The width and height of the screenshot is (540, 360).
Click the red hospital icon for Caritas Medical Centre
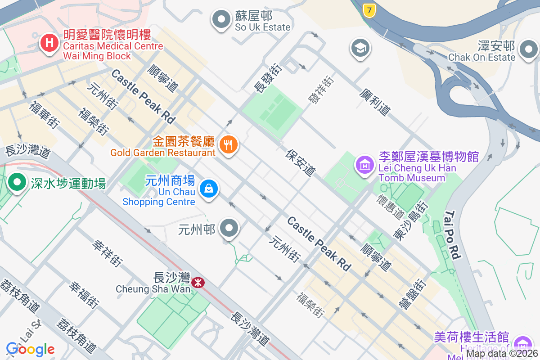tap(49, 44)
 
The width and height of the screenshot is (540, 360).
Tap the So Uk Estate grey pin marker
tap(221, 20)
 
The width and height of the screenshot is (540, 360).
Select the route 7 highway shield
tap(369, 10)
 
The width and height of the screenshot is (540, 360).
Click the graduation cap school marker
tap(361, 48)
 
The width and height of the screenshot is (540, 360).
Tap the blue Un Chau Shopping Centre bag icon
tap(209, 189)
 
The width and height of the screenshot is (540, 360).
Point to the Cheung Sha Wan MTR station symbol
tap(197, 283)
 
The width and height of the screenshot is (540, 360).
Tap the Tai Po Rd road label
tap(453, 234)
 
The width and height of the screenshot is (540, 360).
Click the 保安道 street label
tap(301, 162)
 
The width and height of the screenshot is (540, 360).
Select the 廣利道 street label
tap(375, 101)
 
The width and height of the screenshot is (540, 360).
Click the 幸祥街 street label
tap(108, 253)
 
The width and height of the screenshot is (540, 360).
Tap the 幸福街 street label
tap(84, 295)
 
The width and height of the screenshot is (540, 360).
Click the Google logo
tap(30, 349)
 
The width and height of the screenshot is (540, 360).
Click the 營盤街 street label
tap(412, 293)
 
